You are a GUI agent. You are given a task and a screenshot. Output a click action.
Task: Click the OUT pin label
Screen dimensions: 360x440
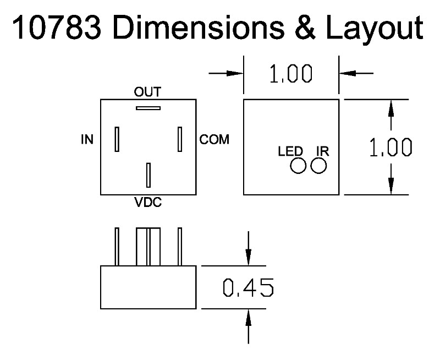[x=148, y=91]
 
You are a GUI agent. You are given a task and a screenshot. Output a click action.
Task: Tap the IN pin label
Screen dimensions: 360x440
[x=87, y=140]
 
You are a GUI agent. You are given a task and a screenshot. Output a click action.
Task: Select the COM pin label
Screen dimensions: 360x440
[x=214, y=140]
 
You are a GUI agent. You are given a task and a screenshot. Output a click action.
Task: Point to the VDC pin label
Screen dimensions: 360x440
[x=148, y=203]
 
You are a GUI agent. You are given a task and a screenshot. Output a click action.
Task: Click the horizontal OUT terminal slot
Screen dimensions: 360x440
[x=148, y=108]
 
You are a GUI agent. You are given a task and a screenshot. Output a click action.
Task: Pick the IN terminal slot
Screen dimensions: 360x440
[x=117, y=139]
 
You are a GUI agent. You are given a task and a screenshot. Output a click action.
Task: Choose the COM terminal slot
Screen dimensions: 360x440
[x=180, y=139]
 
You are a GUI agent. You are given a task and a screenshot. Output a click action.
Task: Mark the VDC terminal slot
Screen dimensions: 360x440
[x=148, y=175]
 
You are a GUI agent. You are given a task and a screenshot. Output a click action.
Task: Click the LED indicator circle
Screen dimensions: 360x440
[x=299, y=165]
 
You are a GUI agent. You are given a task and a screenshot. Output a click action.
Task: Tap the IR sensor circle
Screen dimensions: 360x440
[x=318, y=165]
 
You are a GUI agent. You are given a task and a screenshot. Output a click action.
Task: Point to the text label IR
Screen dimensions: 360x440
[x=322, y=151]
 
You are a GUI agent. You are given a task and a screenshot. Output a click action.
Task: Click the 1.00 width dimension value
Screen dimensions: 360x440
[x=291, y=74]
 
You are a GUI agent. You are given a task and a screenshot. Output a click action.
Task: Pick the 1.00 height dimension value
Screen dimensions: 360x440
[x=391, y=148]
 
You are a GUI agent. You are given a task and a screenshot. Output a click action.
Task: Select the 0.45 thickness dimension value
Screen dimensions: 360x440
[x=248, y=287]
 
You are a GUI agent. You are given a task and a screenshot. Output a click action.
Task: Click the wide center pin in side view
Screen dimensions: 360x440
[x=148, y=246]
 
